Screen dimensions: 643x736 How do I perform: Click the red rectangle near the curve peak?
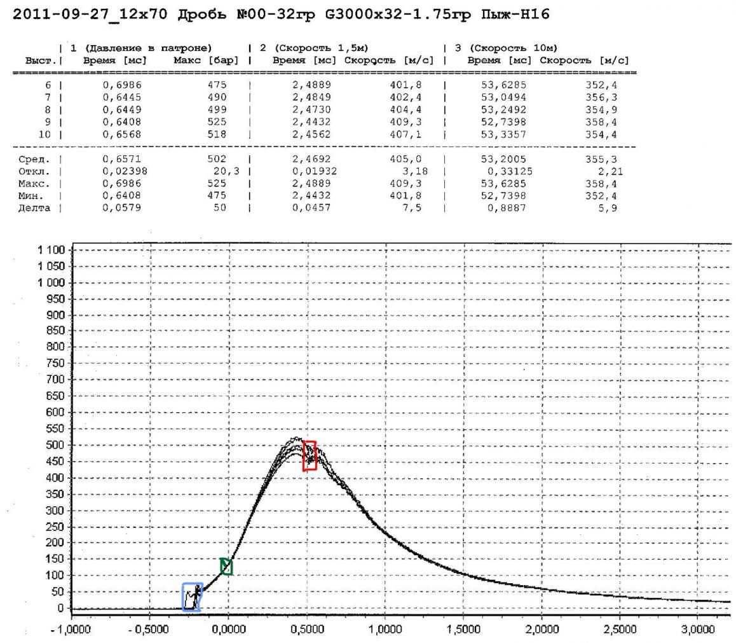310,455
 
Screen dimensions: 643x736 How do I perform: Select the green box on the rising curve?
226,566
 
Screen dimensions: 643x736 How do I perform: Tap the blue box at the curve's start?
192,597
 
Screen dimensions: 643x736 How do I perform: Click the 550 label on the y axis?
56,429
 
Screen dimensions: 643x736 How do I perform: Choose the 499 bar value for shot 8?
217,109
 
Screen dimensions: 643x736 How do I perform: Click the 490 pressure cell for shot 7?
217,97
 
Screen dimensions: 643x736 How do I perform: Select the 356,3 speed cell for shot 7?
601,97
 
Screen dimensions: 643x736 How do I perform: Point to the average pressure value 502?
217,159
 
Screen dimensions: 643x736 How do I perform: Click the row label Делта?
34,208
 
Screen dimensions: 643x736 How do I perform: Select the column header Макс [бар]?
206,60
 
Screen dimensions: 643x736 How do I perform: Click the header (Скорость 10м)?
513,48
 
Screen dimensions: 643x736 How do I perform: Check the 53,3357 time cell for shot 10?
503,134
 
